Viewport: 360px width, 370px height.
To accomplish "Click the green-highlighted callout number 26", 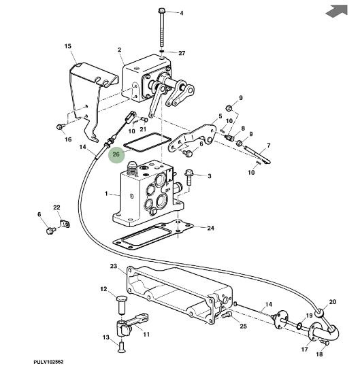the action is [x=116, y=154].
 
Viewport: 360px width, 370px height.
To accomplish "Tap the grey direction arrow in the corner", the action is [x=337, y=11].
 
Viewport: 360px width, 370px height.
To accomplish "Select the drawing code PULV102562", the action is [x=48, y=362].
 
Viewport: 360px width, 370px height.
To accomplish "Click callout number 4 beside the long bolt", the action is [x=181, y=13].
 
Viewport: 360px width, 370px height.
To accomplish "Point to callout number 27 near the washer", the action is [x=182, y=53].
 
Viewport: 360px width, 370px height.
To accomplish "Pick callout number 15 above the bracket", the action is [x=68, y=46].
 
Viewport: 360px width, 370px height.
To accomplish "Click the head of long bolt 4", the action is [x=161, y=11].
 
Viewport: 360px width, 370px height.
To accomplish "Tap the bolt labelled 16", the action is [x=61, y=127].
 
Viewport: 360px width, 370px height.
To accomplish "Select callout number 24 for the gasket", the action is [x=210, y=228].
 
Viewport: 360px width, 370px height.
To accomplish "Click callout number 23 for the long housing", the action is [x=114, y=266].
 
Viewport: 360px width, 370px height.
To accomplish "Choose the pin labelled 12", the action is [x=122, y=305].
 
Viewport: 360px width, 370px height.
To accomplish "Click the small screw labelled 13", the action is [x=122, y=348].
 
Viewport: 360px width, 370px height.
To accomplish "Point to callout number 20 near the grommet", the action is [x=332, y=302].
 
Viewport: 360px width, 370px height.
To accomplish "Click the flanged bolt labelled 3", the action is [x=189, y=177].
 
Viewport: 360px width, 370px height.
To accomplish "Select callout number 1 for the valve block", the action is [x=106, y=194].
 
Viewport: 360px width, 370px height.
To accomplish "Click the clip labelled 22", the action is [x=65, y=224].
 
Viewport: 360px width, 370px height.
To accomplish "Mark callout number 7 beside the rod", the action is [x=268, y=146].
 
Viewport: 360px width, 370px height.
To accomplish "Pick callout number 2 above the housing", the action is [x=119, y=50].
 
